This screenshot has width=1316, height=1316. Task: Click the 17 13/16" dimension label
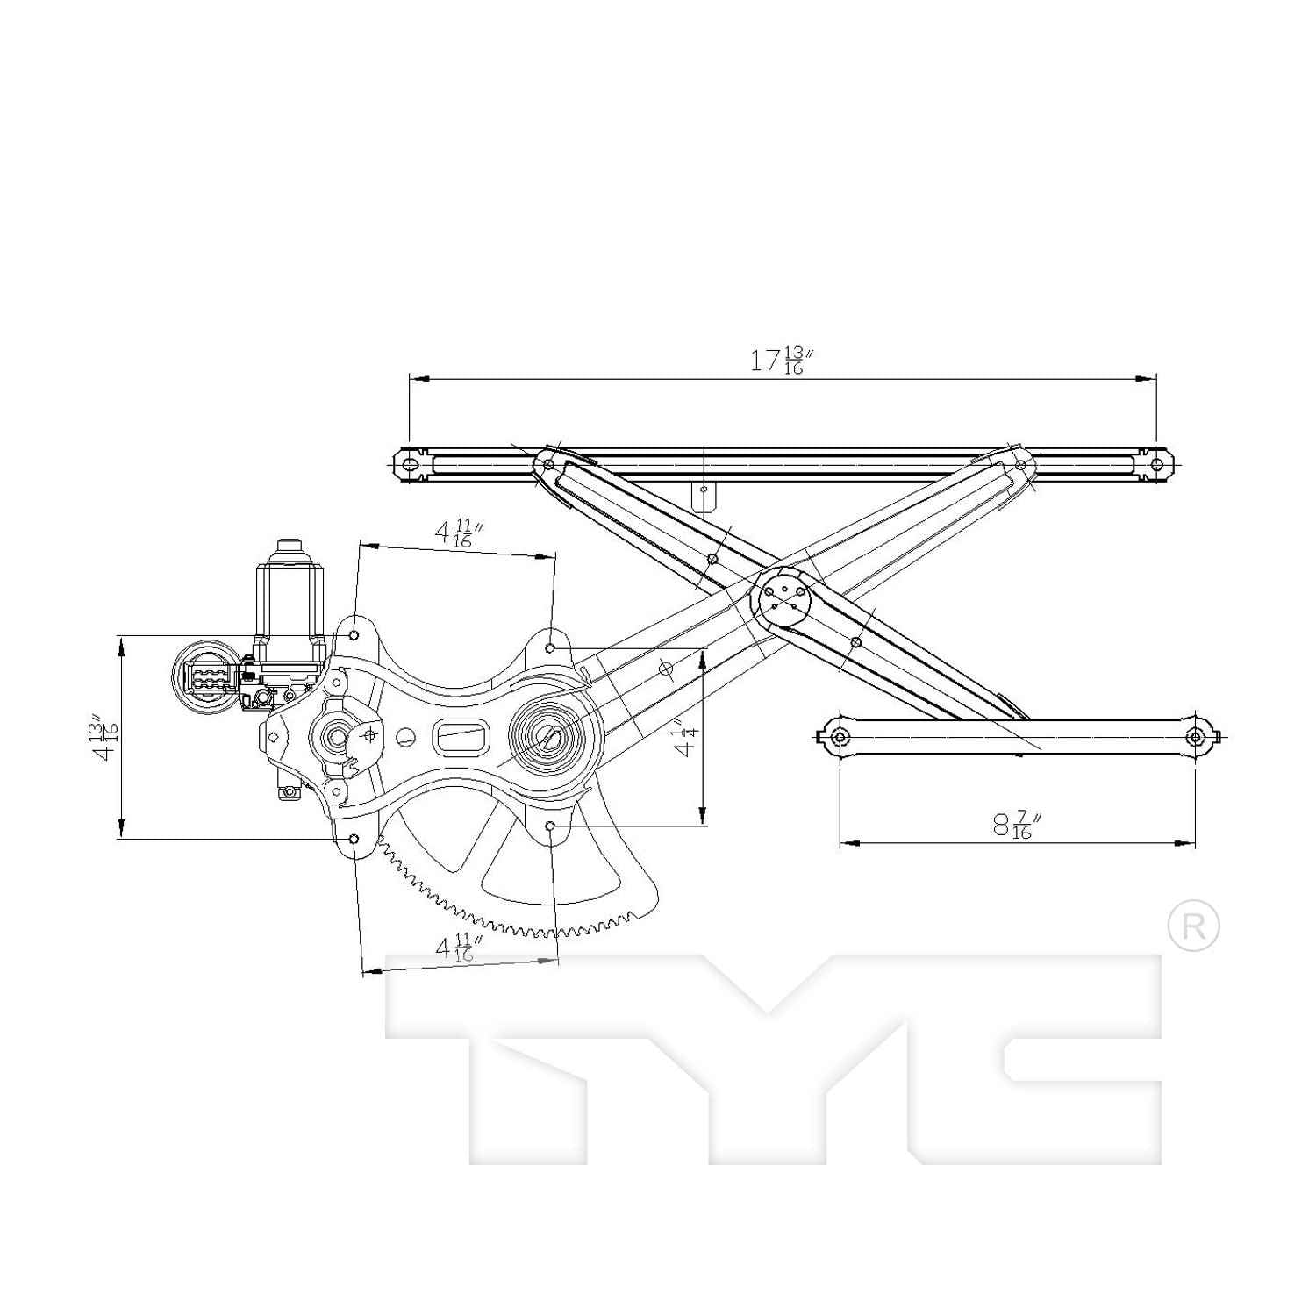coord(777,361)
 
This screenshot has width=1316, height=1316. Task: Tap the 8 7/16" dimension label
coord(1017,826)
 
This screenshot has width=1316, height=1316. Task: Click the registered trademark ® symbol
coord(1193,926)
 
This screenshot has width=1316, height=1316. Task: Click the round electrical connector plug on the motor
coord(205,679)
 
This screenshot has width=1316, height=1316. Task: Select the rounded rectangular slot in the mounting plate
coord(461,735)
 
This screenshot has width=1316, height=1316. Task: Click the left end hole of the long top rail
coord(410,464)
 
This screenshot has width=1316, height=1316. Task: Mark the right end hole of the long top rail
coord(1156,464)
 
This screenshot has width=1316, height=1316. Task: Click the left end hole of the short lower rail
coord(840,736)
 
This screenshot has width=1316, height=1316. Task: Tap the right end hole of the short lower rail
coord(1194,736)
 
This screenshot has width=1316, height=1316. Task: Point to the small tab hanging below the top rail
coord(704,497)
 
